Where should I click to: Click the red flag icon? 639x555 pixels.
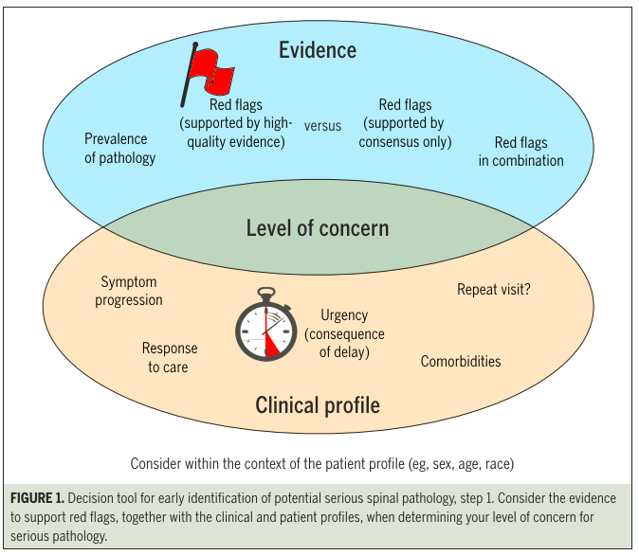pyautogui.click(x=208, y=71)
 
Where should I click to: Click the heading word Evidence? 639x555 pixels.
pyautogui.click(x=317, y=50)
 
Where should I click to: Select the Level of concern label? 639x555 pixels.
pyautogui.click(x=317, y=228)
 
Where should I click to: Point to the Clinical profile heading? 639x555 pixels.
pyautogui.click(x=317, y=405)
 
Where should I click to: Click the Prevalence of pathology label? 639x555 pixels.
pyautogui.click(x=119, y=149)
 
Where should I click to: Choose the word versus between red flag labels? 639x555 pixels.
pyautogui.click(x=322, y=126)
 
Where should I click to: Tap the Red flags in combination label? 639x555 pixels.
pyautogui.click(x=520, y=152)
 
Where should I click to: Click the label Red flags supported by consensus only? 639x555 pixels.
pyautogui.click(x=405, y=123)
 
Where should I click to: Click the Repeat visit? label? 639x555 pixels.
pyautogui.click(x=493, y=290)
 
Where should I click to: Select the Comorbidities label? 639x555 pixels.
pyautogui.click(x=461, y=361)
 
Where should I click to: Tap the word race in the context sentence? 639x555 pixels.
pyautogui.click(x=497, y=464)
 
